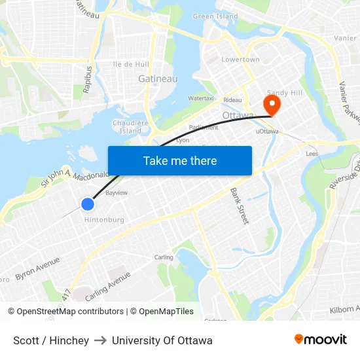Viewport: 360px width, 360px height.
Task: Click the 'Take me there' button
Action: point(180,160)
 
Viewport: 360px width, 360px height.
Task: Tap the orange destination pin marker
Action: point(270,104)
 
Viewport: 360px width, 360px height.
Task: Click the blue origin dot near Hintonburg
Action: point(88,204)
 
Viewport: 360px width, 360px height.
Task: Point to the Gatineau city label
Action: point(158,79)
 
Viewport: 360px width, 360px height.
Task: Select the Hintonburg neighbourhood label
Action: point(104,220)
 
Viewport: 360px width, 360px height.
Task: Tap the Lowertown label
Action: point(240,60)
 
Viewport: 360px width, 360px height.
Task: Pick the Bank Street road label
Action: point(239,206)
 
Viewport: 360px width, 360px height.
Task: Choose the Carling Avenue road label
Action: point(107,286)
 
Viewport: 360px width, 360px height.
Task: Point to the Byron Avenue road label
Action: point(37,268)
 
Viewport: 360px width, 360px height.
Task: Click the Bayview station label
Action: point(117,193)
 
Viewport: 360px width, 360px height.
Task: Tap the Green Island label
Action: point(215,16)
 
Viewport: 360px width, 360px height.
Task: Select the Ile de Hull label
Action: point(131,64)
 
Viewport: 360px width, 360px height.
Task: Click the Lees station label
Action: point(312,153)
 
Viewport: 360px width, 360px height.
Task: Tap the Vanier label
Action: point(345,38)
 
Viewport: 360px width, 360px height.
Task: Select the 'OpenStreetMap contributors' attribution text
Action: point(70,312)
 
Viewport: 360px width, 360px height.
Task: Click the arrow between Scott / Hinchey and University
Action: point(100,340)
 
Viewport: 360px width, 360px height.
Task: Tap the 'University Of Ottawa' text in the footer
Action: point(162,340)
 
